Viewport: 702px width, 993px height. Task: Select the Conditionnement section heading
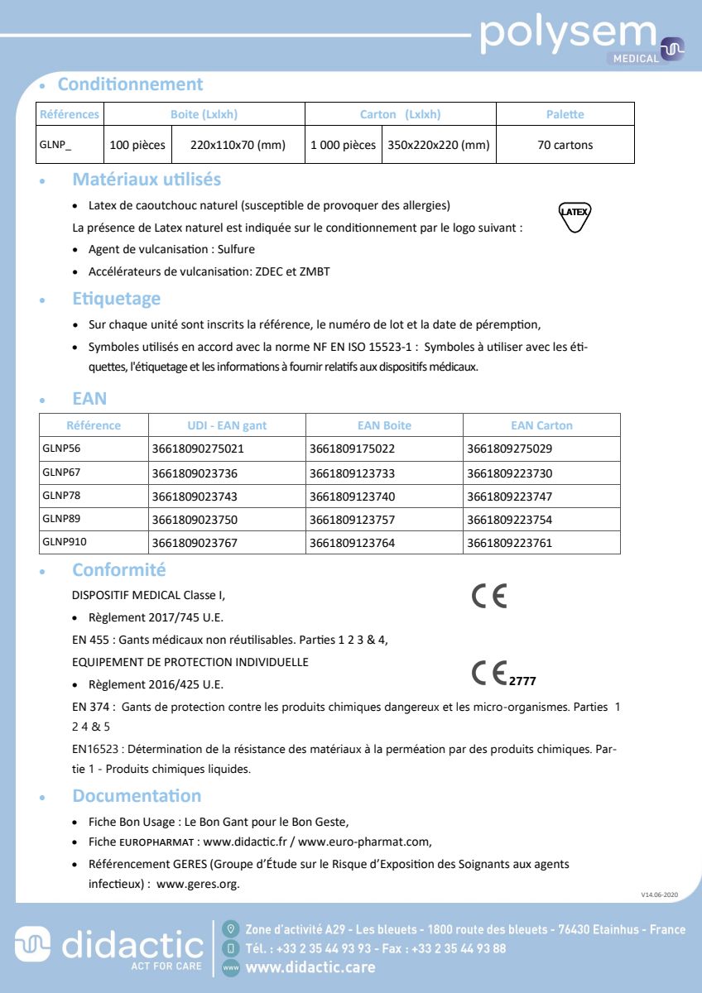pos(130,84)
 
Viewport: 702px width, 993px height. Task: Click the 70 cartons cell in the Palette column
pos(565,145)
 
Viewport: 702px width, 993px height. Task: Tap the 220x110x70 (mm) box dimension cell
pos(238,145)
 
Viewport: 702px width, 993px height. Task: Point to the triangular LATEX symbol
pos(575,214)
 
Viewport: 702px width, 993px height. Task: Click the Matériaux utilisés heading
pos(147,180)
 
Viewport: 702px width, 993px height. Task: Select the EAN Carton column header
pos(541,425)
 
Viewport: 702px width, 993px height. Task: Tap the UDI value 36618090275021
pos(199,449)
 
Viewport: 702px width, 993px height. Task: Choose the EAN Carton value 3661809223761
pos(509,543)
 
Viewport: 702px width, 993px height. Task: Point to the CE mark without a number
pos(488,597)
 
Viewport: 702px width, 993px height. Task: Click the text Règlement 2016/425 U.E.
pos(156,684)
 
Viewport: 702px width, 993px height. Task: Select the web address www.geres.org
pos(197,884)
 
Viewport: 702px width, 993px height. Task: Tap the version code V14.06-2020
pos(659,895)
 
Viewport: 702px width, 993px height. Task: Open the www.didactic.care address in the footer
pos(310,967)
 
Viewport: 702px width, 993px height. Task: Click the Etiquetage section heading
pos(117,299)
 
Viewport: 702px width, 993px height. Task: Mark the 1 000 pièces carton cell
pos(343,145)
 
